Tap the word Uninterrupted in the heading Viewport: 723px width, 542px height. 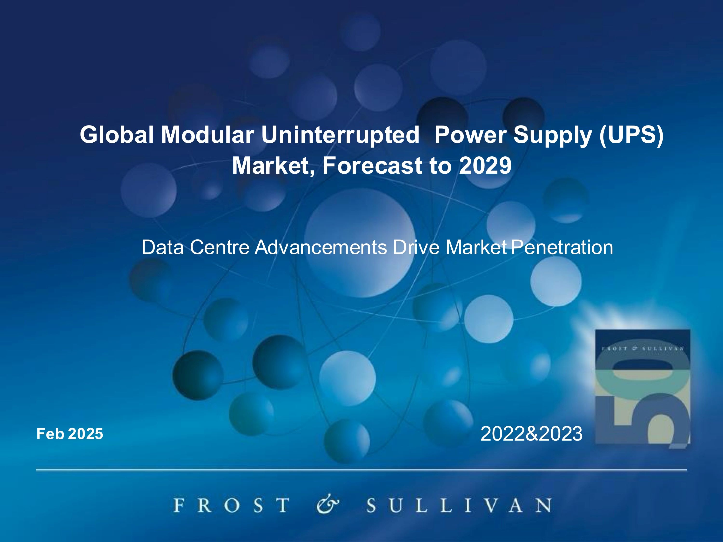click(x=340, y=135)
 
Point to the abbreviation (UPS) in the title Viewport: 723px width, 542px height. click(x=631, y=135)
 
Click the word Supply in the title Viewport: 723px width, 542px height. click(x=552, y=135)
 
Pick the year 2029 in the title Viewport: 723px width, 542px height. click(x=485, y=166)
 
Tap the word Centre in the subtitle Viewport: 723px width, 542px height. click(x=220, y=247)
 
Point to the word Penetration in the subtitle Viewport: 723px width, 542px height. click(x=562, y=247)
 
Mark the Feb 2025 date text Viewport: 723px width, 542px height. click(x=70, y=434)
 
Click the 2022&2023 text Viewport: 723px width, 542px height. click(x=531, y=434)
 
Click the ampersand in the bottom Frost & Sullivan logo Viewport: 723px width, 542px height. click(x=328, y=505)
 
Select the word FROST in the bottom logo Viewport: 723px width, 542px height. click(x=231, y=505)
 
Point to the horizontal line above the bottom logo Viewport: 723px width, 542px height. click(x=361, y=470)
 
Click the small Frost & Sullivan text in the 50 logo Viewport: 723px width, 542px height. click(x=642, y=349)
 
